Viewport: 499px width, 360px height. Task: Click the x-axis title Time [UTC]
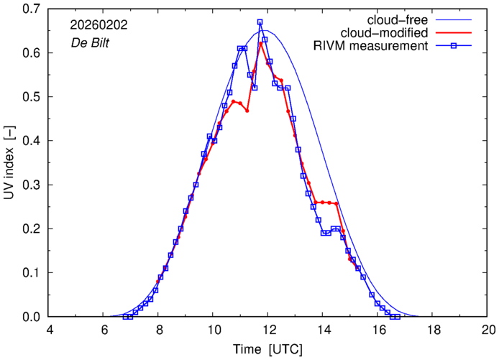[268, 349]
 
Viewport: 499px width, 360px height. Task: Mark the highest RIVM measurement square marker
[260, 22]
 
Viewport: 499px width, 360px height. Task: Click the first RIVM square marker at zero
[125, 317]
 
